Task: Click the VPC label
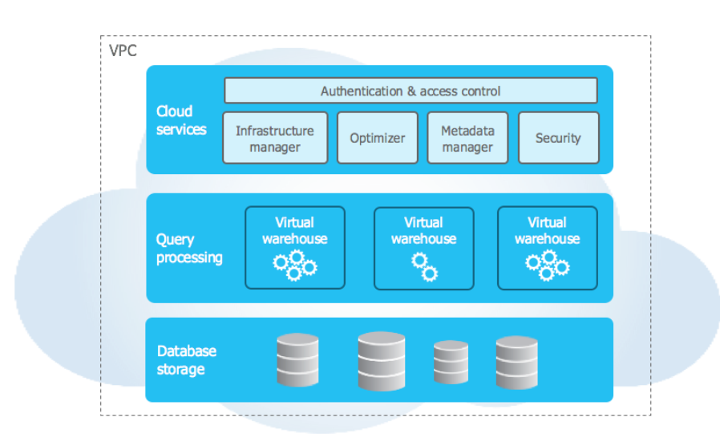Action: (x=123, y=50)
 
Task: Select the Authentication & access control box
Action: (x=411, y=91)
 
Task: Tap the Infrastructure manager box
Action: (x=275, y=138)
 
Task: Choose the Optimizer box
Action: (x=378, y=138)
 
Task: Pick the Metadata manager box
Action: (x=467, y=138)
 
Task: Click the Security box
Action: (x=558, y=138)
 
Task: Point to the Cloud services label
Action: (x=181, y=120)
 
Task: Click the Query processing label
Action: (x=189, y=248)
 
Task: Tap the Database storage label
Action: (x=187, y=360)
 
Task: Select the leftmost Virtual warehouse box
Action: (x=295, y=248)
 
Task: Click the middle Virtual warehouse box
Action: (x=424, y=249)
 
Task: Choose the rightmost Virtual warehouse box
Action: (x=548, y=248)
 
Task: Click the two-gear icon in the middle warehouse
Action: (x=424, y=267)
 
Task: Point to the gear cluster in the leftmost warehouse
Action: (x=295, y=266)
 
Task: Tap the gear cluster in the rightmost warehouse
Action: (x=548, y=266)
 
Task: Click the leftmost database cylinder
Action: (x=297, y=359)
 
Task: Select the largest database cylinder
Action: (x=382, y=361)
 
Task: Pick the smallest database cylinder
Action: (x=451, y=362)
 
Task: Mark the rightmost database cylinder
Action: (x=516, y=363)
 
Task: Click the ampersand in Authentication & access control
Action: (x=411, y=91)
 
